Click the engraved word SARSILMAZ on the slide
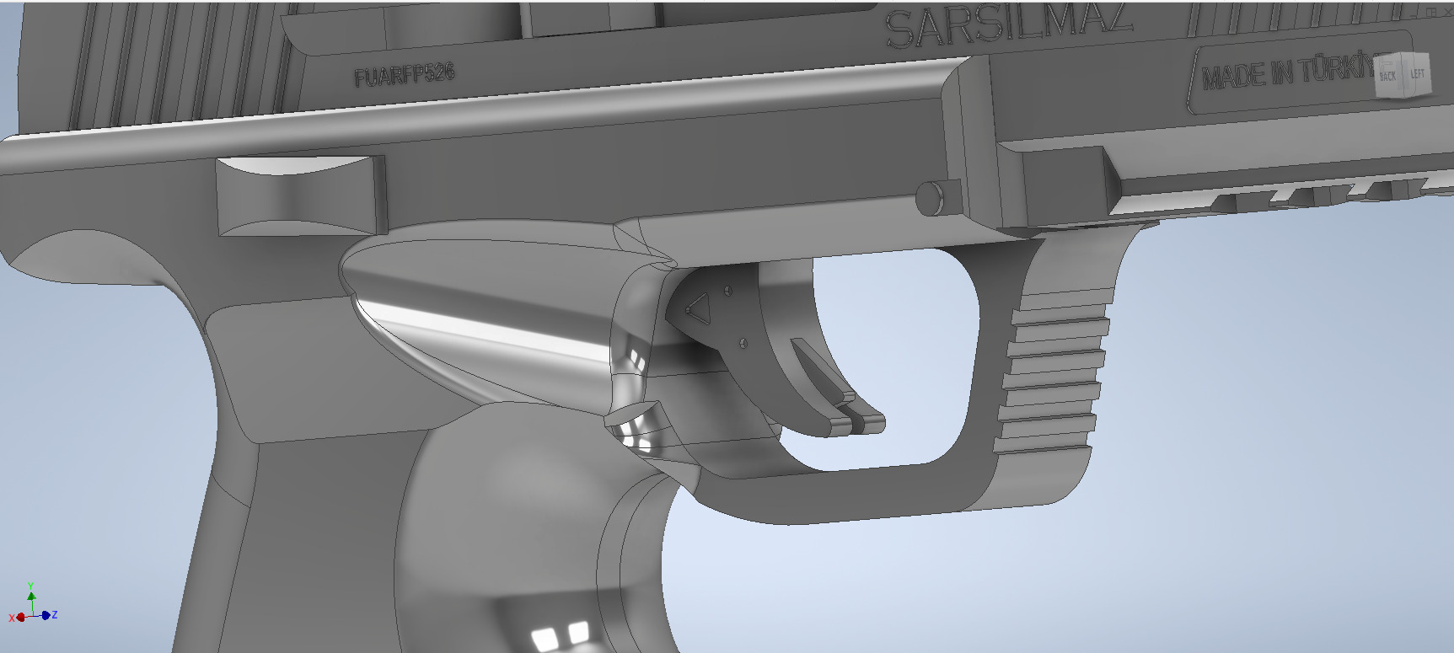tap(1007, 25)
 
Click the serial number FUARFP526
tap(405, 75)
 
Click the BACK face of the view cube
tap(1387, 76)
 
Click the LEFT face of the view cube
tap(1418, 73)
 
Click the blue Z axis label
tap(54, 615)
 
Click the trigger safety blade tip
tap(868, 420)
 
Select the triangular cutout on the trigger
tap(698, 308)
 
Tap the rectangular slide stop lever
tap(300, 195)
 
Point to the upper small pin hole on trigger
tap(728, 292)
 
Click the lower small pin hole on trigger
tap(743, 342)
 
